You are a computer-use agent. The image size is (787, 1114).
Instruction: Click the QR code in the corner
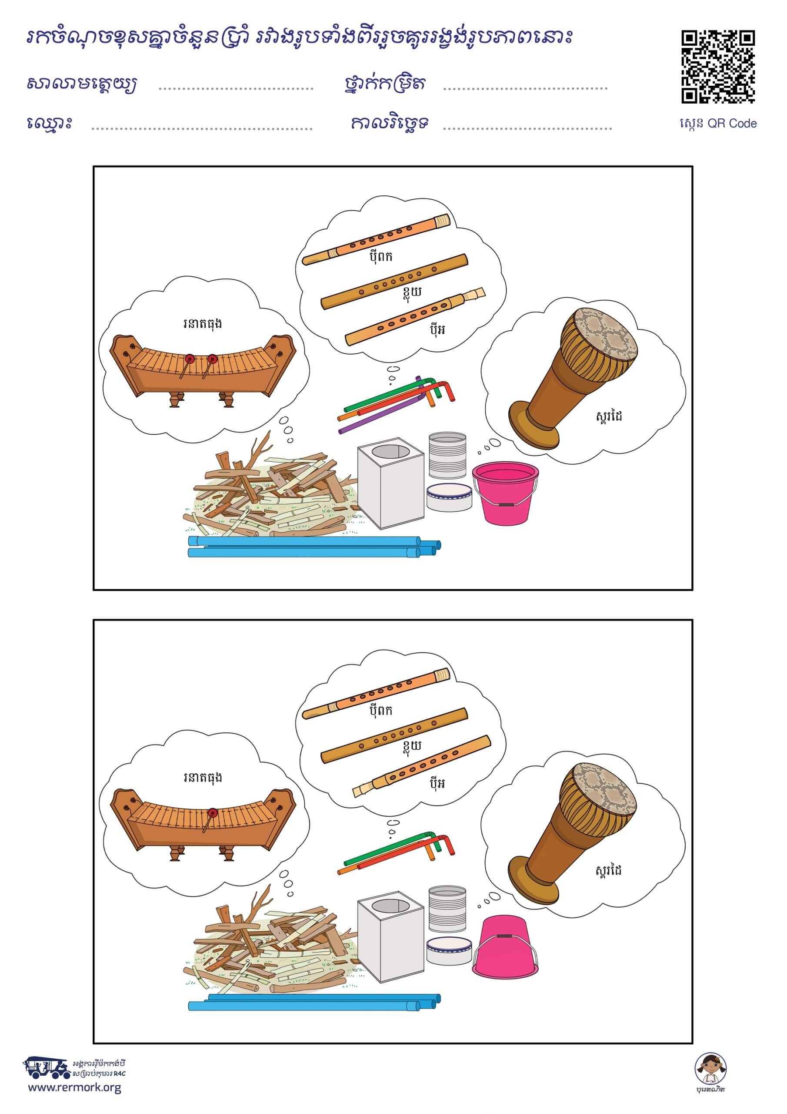tap(718, 67)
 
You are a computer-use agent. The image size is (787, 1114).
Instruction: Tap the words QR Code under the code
tap(732, 123)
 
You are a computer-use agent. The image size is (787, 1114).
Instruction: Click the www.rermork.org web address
tap(74, 1087)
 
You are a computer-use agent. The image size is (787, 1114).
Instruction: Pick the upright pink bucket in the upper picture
tap(505, 493)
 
